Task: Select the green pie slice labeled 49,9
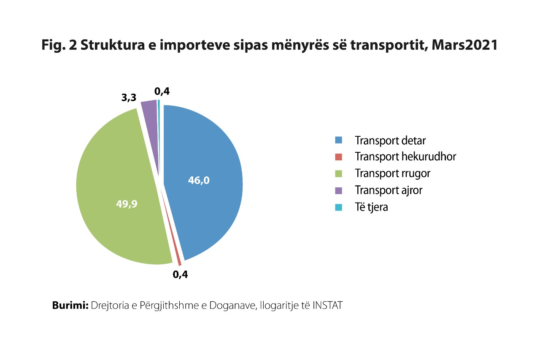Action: coord(118,177)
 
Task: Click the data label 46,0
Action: coord(199,181)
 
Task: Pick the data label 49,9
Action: coord(127,204)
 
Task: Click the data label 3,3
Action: coord(128,98)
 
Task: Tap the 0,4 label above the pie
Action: coord(162,91)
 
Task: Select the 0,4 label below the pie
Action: coord(180,275)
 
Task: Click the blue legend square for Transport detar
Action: coord(338,140)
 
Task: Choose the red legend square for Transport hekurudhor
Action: coord(338,157)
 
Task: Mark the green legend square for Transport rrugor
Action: coord(338,173)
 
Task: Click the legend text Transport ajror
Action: coord(388,190)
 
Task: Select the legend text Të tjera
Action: coord(371,207)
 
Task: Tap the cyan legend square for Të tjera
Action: coord(338,207)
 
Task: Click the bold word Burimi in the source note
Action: coord(70,305)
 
